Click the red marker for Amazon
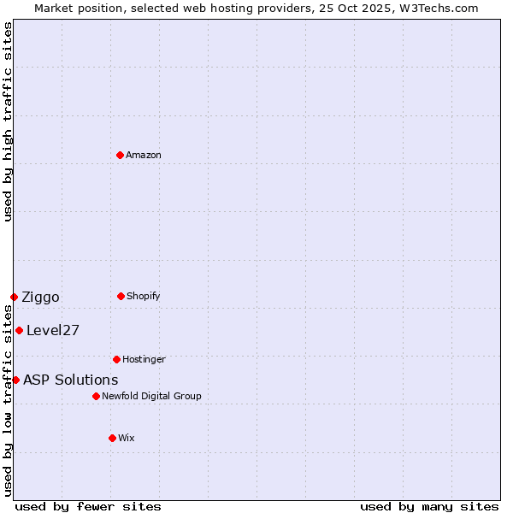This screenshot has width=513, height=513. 121,155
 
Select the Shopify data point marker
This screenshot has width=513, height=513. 121,296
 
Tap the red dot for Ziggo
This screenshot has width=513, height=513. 14,297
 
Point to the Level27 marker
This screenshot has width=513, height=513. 19,330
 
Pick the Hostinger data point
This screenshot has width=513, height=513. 116,359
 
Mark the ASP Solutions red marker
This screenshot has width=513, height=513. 15,380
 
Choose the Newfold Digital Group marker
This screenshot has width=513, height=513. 96,396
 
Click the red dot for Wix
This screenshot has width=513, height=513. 112,438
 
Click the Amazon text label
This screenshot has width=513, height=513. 144,155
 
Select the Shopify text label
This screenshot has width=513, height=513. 144,296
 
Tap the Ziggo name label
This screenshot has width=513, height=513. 40,298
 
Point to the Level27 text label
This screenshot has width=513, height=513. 53,331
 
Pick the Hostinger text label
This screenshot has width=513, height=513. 144,359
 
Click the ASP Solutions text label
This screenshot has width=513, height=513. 71,380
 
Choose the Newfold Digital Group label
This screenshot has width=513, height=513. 151,396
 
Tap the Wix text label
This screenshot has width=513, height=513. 127,438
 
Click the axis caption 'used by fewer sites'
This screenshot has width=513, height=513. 88,506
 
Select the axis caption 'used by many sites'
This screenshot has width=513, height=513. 429,506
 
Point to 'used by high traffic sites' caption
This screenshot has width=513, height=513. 8,121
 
